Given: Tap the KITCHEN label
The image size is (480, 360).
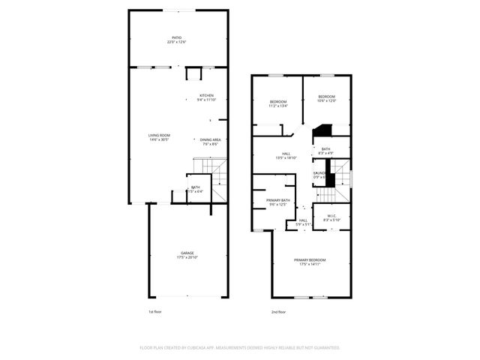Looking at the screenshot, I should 206,95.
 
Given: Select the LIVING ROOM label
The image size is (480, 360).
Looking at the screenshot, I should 159,135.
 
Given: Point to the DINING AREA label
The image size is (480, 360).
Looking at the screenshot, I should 210,139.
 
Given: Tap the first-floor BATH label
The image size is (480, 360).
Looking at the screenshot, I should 195,187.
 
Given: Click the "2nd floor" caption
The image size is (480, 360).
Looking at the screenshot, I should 278,311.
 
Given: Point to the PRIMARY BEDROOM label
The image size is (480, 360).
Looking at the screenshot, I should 310,259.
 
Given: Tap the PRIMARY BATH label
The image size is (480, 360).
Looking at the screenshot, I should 277,200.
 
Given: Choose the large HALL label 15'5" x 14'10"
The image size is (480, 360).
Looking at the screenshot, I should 285,154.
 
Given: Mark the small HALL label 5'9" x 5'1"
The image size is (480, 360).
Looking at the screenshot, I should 303,220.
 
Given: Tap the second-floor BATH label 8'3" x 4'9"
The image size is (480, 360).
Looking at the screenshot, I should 325,149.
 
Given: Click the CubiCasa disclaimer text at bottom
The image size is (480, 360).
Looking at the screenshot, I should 240,347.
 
